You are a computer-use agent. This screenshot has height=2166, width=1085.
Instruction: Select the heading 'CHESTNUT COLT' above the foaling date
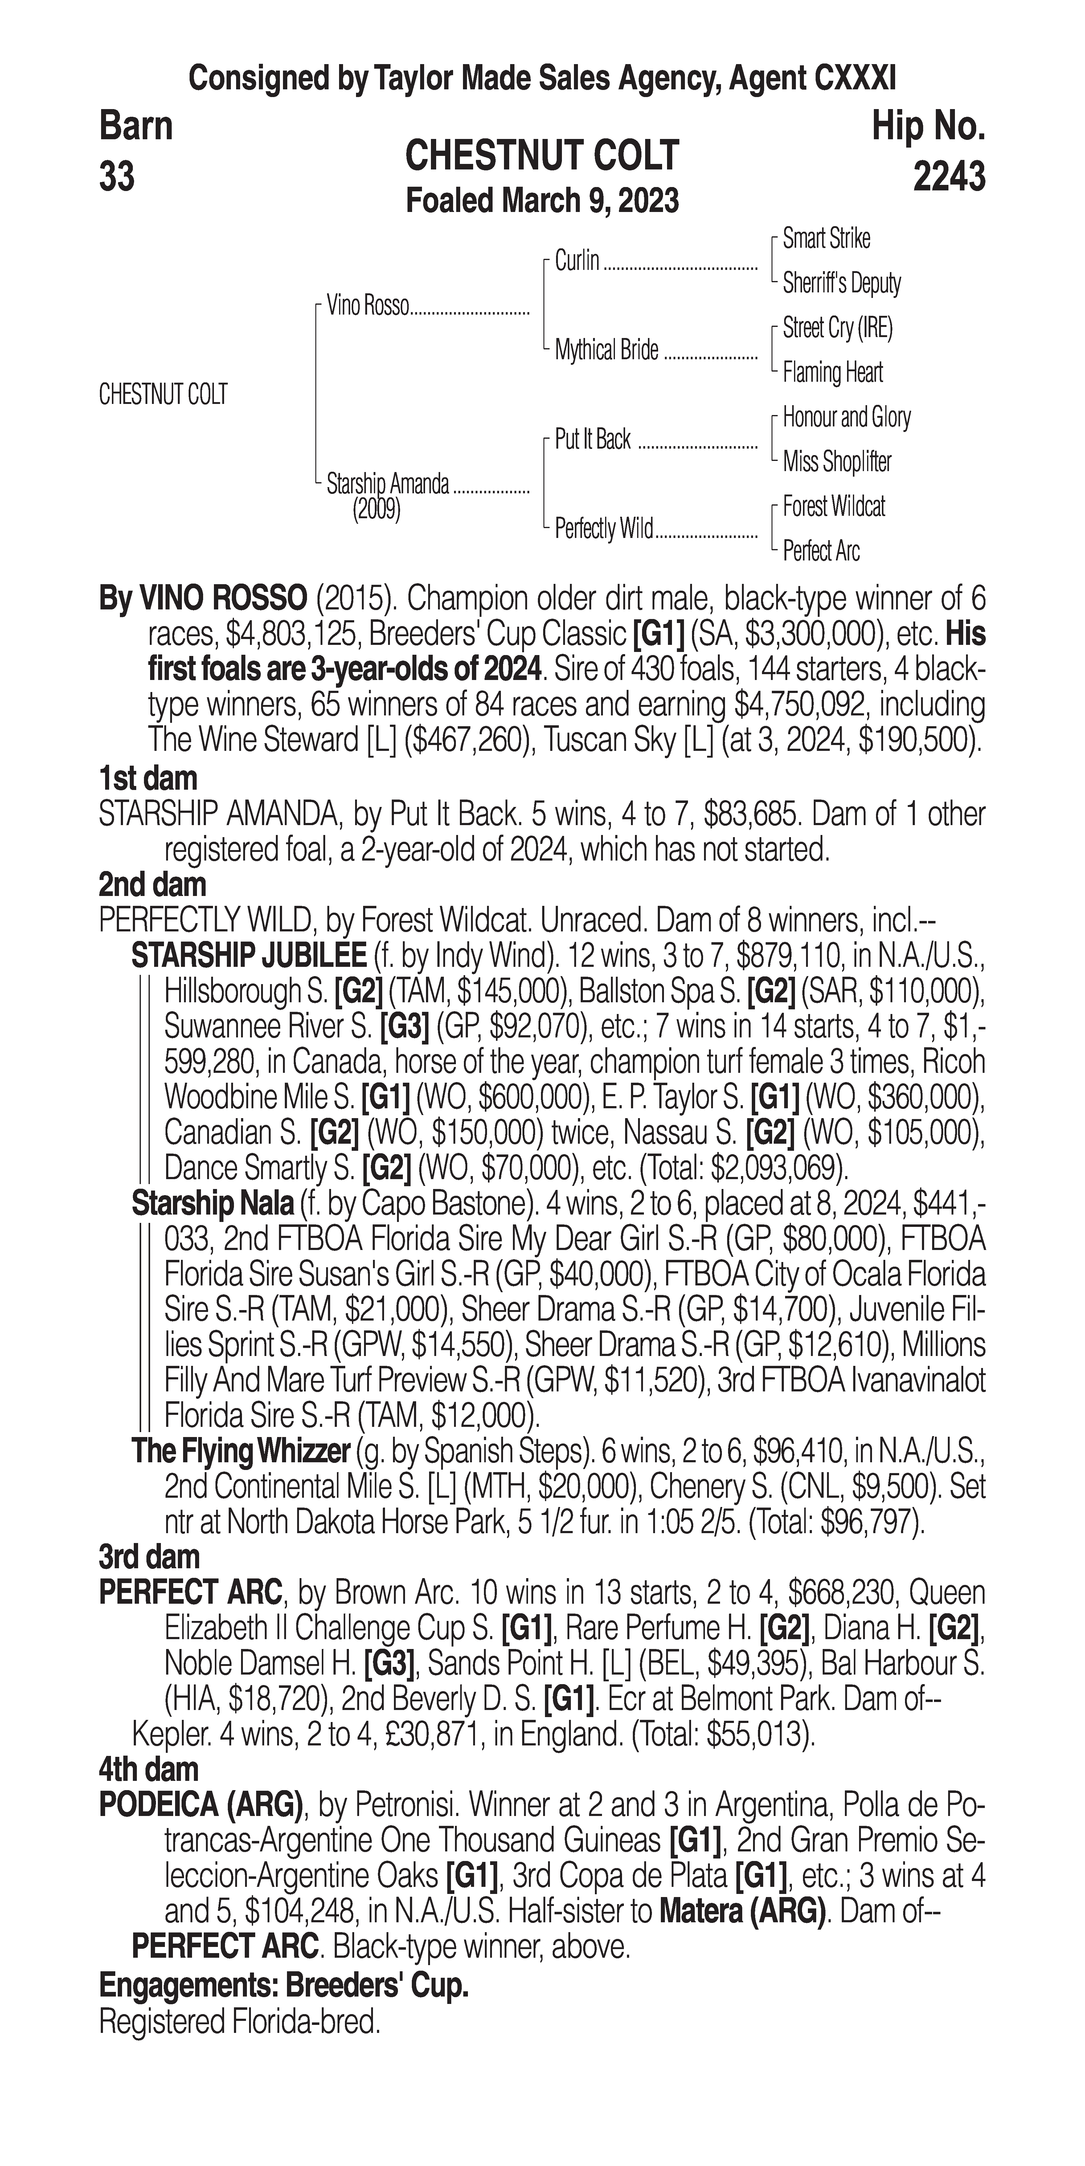click(x=542, y=157)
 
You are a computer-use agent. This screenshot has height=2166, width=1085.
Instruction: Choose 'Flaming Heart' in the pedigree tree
click(x=833, y=372)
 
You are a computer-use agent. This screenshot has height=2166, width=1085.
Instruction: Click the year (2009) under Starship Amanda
click(x=376, y=510)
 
